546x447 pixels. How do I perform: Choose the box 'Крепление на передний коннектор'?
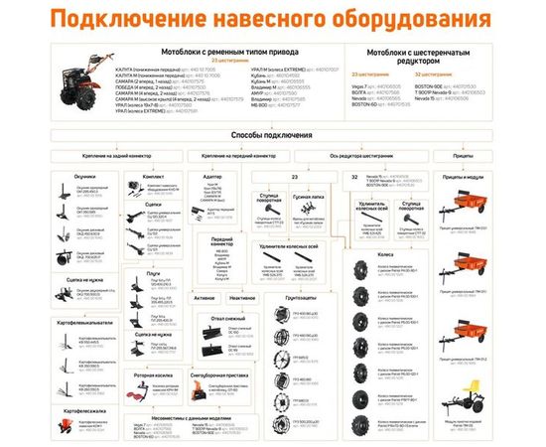tap(237, 156)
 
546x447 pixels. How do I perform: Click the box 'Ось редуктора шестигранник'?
tap(352, 156)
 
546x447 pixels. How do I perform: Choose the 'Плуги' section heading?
tap(153, 272)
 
